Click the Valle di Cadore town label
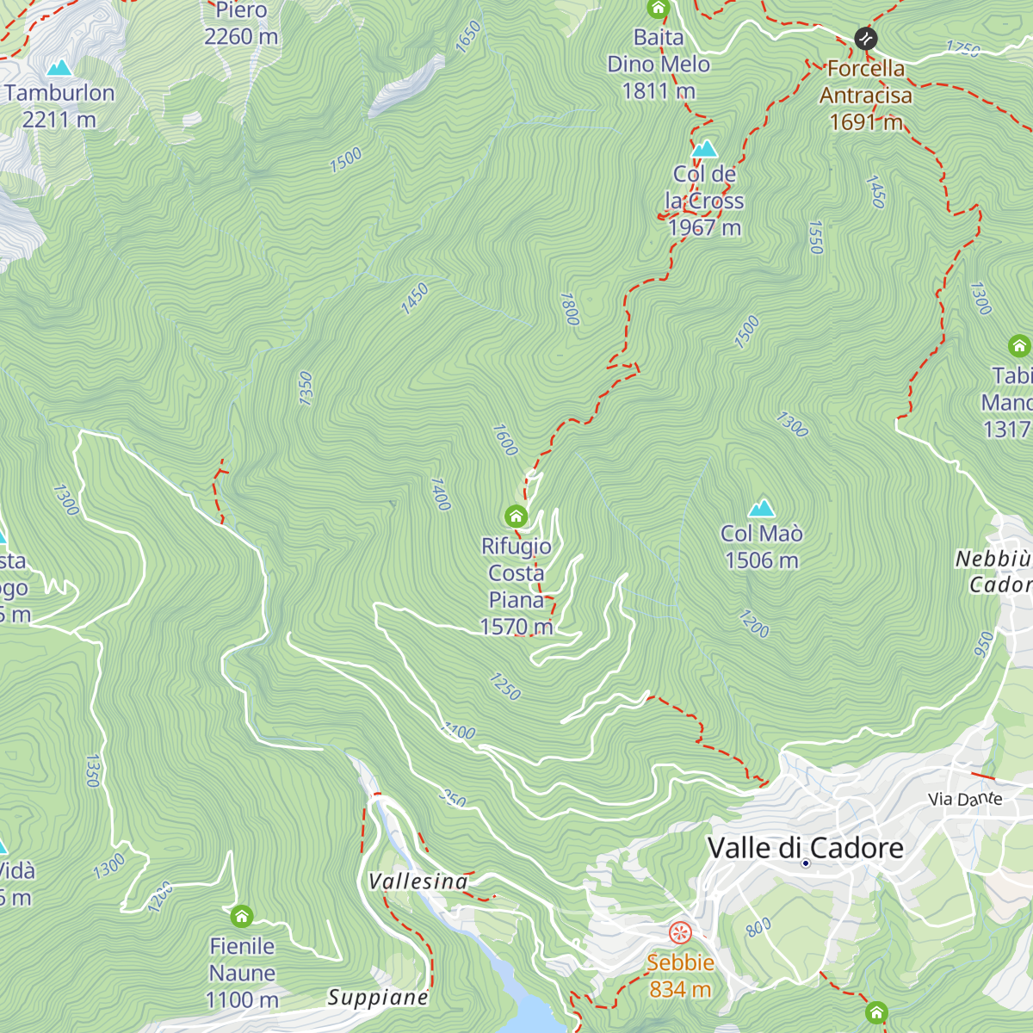point(805,848)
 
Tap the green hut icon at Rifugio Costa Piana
point(516,516)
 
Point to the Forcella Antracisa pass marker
point(865,39)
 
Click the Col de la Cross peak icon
point(704,149)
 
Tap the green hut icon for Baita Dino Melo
point(658,9)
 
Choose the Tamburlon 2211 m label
point(59,106)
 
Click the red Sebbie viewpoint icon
point(680,932)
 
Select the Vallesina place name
point(418,881)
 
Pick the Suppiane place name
point(378,998)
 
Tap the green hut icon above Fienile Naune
point(242,916)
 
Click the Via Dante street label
point(965,800)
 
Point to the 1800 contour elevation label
point(569,309)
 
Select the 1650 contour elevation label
point(467,37)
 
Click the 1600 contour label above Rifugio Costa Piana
point(505,440)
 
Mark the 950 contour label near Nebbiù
point(984,644)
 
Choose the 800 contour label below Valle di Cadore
point(758,927)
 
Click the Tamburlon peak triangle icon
point(59,67)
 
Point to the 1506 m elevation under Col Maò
point(762,560)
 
